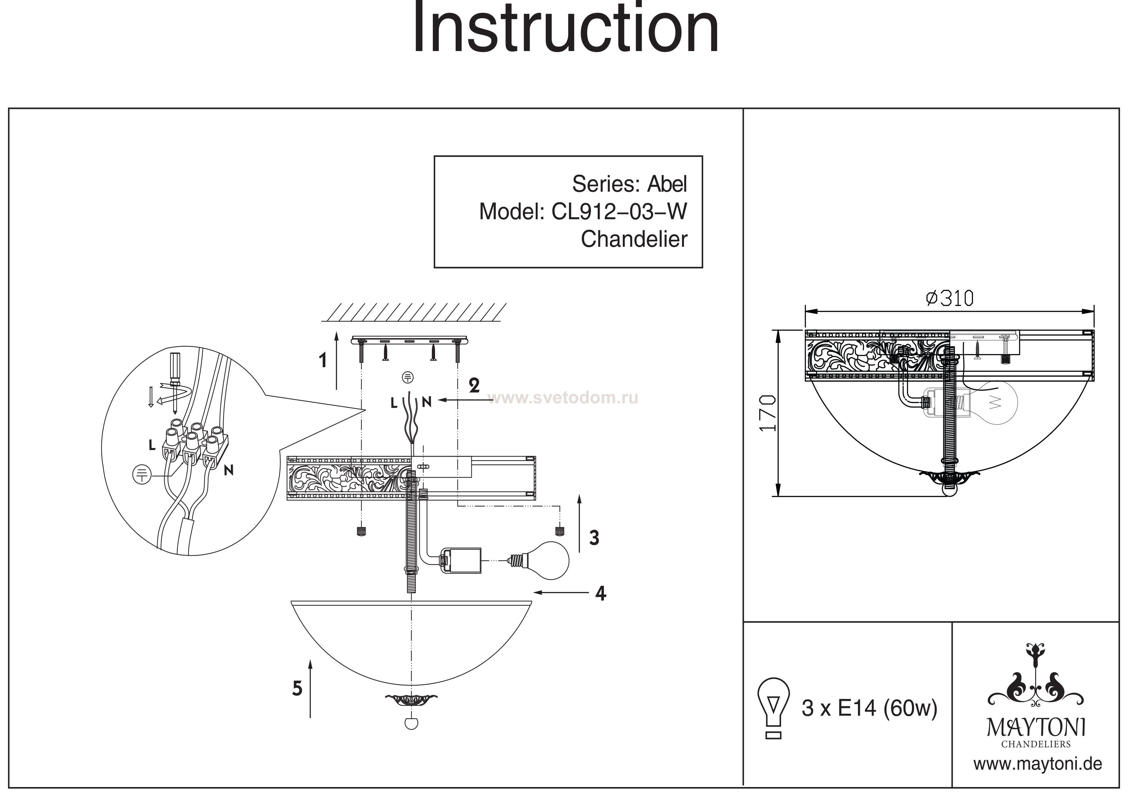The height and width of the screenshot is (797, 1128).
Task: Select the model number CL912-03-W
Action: click(x=619, y=212)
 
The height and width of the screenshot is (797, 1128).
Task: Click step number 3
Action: click(x=594, y=538)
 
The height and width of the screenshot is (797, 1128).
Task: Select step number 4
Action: click(x=600, y=594)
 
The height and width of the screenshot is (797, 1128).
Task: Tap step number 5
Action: click(x=297, y=688)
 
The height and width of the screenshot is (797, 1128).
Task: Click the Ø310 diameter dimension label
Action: click(x=949, y=299)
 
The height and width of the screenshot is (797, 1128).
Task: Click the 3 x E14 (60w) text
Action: click(x=869, y=708)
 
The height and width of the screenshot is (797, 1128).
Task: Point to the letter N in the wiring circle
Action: click(x=228, y=470)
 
